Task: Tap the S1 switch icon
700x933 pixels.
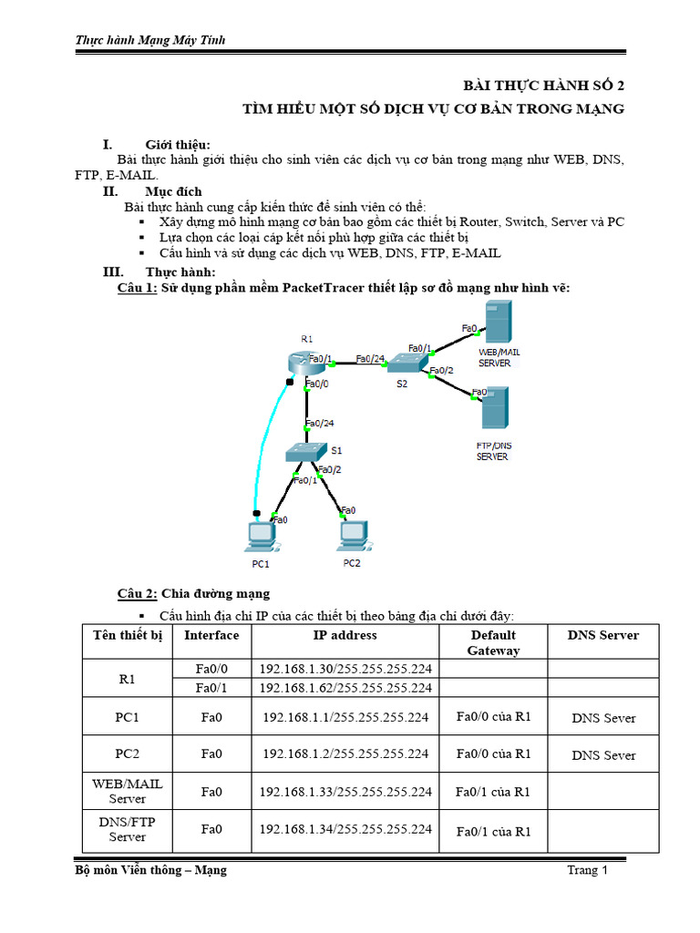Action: [x=304, y=451]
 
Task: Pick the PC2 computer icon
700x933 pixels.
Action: [x=353, y=536]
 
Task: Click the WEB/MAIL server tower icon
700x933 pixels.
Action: [x=498, y=323]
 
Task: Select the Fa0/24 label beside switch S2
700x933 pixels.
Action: [x=369, y=358]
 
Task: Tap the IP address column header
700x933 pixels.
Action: [x=345, y=635]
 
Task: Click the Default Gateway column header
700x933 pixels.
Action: [x=493, y=642]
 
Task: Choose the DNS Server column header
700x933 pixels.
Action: [x=602, y=635]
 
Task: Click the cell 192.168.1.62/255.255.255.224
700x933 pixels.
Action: [x=345, y=688]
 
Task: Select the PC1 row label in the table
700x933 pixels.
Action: [x=127, y=717]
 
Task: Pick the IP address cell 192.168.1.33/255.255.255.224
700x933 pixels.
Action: [x=345, y=792]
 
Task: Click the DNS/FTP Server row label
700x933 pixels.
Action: [x=127, y=829]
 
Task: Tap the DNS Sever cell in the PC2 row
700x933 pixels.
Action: [x=603, y=755]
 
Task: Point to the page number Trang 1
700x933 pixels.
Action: [x=587, y=870]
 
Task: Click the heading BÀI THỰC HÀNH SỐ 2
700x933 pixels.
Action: [x=544, y=86]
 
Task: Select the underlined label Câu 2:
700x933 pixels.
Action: [x=138, y=593]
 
